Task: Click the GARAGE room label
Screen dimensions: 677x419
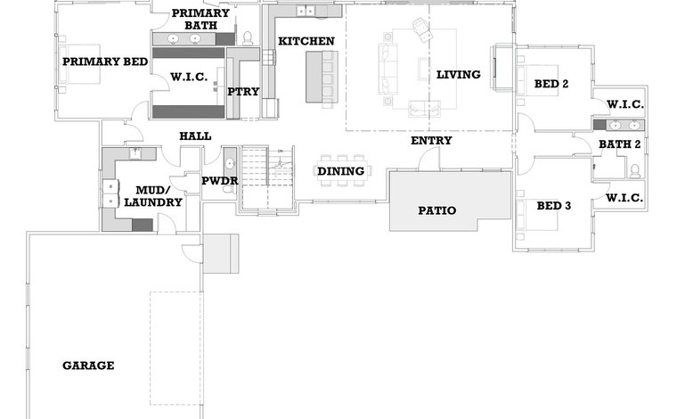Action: (x=88, y=366)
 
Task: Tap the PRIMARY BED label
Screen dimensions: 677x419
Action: (x=105, y=62)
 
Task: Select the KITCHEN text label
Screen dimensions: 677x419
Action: (x=306, y=41)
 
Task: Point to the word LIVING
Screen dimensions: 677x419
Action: (x=459, y=74)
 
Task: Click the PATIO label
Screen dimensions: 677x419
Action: (x=437, y=210)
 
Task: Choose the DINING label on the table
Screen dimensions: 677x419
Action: (x=341, y=171)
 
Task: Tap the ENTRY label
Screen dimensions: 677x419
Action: (x=431, y=140)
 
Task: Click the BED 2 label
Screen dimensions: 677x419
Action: (x=551, y=84)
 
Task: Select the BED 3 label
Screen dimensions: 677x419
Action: (x=554, y=206)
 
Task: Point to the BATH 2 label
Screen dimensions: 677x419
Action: (x=620, y=144)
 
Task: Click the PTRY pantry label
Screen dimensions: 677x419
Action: (x=243, y=92)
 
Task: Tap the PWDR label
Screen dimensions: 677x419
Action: (x=220, y=181)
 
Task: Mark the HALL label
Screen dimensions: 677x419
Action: (x=195, y=136)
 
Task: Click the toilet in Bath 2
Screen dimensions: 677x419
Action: (x=634, y=171)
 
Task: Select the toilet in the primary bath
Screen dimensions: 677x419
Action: (x=248, y=38)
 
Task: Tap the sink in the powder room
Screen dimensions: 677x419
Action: (x=230, y=164)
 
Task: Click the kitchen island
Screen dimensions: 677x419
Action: (x=322, y=77)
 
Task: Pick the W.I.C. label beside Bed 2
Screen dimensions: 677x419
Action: (x=625, y=104)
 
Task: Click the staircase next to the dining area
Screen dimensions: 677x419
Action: (x=268, y=178)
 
